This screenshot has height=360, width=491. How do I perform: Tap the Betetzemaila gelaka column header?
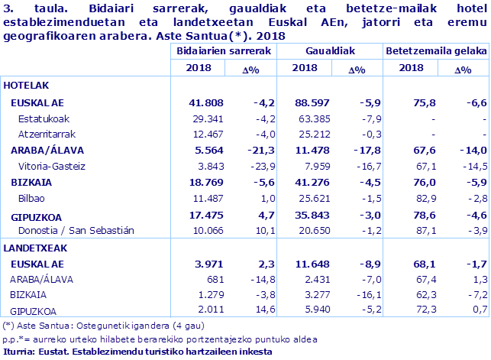(436, 50)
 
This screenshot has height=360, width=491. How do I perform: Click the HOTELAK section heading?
(27, 86)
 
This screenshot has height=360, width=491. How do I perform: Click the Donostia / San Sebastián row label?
(75, 230)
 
